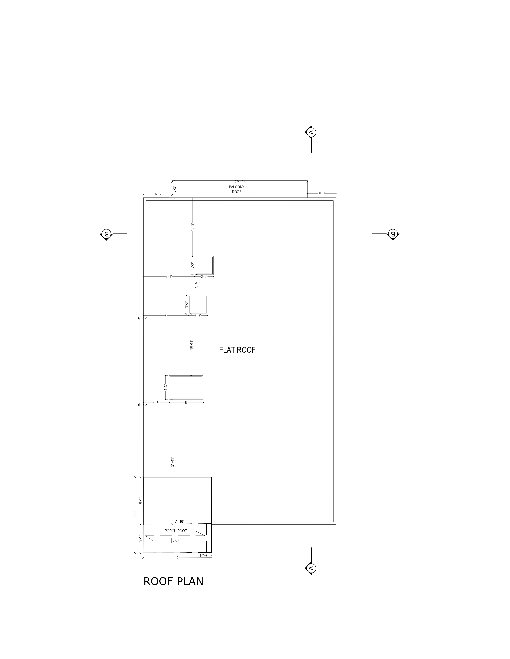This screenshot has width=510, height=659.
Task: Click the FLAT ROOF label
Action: coord(237,350)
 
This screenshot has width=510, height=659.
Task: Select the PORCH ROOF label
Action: coord(176,531)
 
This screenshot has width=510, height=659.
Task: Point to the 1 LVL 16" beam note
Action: coord(177,521)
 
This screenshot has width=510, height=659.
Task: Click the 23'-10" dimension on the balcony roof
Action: coord(240,182)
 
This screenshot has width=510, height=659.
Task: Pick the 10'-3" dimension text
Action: coord(192,227)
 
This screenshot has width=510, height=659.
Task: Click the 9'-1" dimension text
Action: coord(169,276)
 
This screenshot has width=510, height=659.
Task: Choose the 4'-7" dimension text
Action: coord(156,403)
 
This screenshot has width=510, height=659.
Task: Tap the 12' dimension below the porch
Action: coord(177,558)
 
